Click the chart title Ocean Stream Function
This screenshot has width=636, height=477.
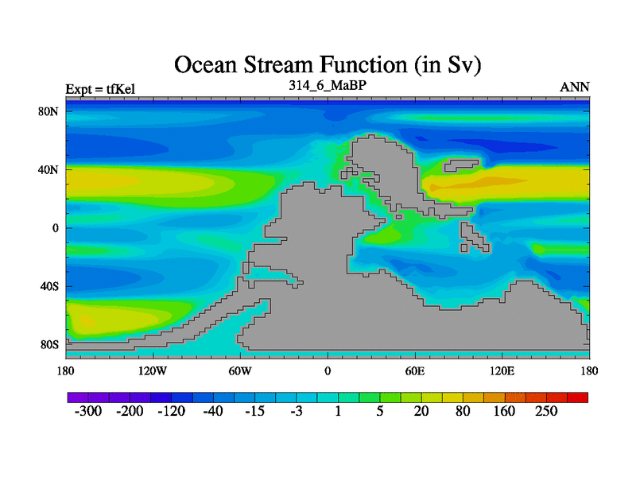[x=328, y=65]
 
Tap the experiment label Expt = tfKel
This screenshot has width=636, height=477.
[x=100, y=89]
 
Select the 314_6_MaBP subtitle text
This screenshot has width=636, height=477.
[x=328, y=85]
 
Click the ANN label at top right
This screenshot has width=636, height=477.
[x=574, y=87]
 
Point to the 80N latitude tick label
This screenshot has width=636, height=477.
[x=48, y=111]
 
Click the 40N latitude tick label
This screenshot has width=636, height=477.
[x=48, y=169]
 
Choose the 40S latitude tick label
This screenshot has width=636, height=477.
[x=49, y=286]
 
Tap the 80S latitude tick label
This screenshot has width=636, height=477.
[x=49, y=345]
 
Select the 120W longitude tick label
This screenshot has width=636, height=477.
[x=153, y=370]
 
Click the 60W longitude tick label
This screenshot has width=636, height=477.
[x=240, y=370]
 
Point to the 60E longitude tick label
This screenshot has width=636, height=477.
[x=415, y=370]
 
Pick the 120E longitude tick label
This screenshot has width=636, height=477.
[x=502, y=370]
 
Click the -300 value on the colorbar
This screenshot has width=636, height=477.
[x=88, y=411]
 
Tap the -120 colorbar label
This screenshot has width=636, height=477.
[x=171, y=411]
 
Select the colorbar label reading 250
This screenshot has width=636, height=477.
[x=546, y=411]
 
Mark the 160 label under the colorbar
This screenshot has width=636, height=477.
[x=504, y=411]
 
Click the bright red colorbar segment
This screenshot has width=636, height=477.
[x=578, y=397]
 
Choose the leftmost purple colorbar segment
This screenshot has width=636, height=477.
[x=78, y=397]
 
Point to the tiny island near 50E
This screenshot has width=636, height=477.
[x=399, y=217]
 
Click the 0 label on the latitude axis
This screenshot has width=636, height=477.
[x=55, y=228]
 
